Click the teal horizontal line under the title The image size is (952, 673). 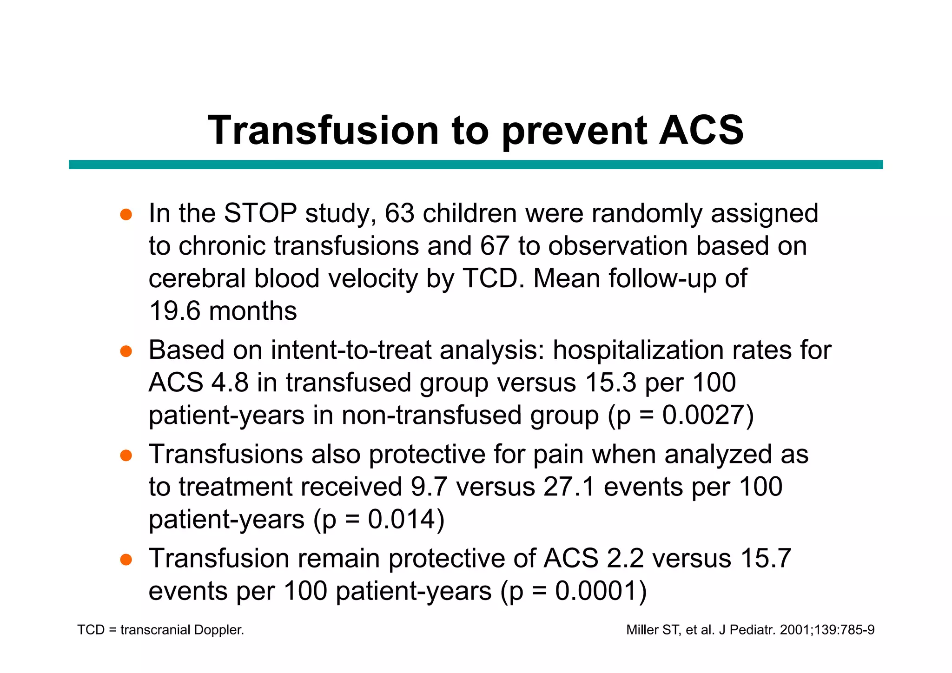[x=476, y=165]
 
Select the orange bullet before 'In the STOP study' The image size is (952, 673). [x=126, y=215]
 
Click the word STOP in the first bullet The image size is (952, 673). [x=260, y=213]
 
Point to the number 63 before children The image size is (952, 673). [x=399, y=213]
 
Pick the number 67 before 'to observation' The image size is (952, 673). [x=495, y=246]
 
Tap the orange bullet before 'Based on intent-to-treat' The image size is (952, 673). [x=126, y=351]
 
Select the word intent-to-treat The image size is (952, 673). [x=351, y=350]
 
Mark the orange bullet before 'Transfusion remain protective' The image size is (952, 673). [x=126, y=560]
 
